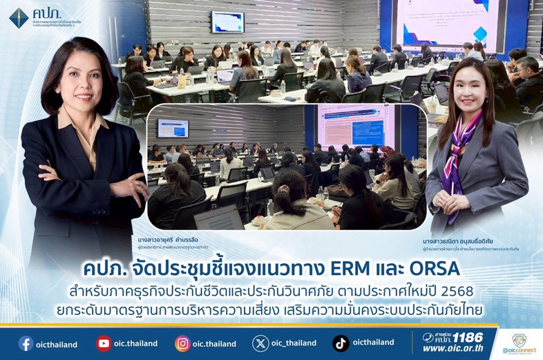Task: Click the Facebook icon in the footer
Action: coord(26,343)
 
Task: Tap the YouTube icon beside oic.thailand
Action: coord(104,343)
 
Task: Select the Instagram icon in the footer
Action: coord(182,343)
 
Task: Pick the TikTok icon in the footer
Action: coord(341,343)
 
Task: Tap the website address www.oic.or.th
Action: coord(453,349)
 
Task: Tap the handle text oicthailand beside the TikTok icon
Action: coord(374,343)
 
